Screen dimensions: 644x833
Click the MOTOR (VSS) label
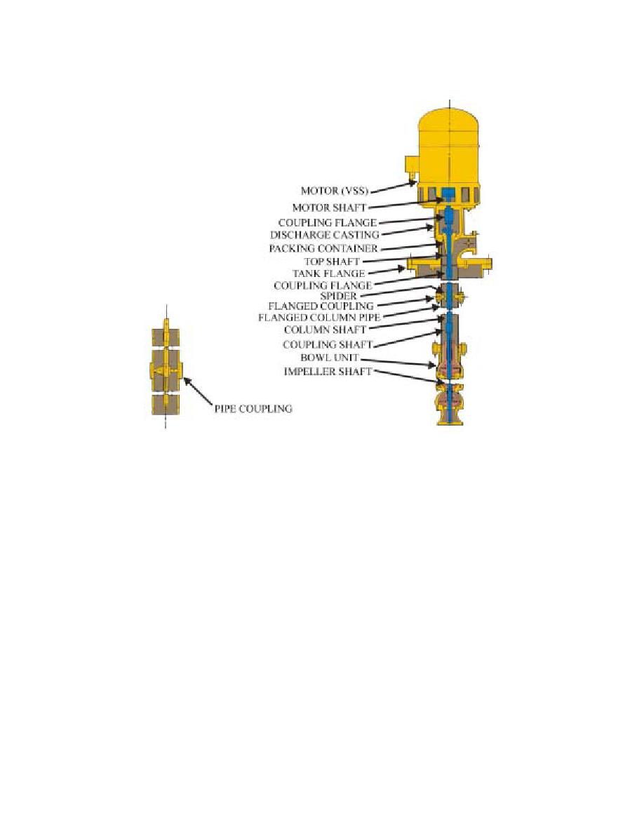tap(334, 190)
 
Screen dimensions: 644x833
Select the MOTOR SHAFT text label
tap(329, 207)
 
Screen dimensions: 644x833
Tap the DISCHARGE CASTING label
tap(324, 235)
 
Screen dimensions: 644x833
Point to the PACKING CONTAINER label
tap(323, 248)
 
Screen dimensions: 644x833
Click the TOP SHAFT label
tap(332, 262)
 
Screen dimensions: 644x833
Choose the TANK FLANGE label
tap(328, 273)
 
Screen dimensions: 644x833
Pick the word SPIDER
tap(338, 296)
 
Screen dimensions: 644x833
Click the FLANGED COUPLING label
tap(321, 306)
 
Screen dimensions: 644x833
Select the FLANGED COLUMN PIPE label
tap(318, 318)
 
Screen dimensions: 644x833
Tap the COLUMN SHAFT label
tap(325, 330)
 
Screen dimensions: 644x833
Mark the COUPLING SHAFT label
tap(328, 345)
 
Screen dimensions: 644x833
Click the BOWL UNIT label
tap(330, 358)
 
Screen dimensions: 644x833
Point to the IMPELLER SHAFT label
tap(328, 372)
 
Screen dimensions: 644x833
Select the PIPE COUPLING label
tap(253, 409)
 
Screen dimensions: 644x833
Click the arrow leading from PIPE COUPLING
tap(198, 390)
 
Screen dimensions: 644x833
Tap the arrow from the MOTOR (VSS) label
tap(392, 187)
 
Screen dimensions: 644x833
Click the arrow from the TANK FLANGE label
tap(385, 271)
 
